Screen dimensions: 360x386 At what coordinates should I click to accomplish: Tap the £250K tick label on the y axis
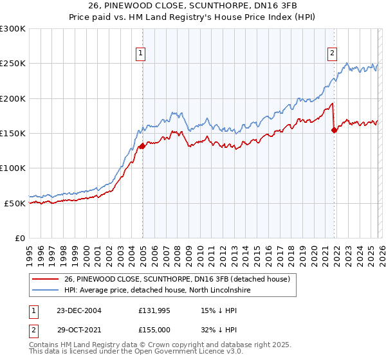point(13,64)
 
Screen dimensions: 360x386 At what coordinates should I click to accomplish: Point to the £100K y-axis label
point(13,168)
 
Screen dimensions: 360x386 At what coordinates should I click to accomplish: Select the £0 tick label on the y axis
point(19,238)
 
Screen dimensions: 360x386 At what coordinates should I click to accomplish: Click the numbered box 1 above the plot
point(140,54)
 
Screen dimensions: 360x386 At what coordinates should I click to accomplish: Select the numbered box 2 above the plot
point(332,54)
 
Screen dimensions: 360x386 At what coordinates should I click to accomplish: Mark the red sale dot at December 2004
point(142,147)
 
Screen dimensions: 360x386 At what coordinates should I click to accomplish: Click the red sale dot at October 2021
point(334,130)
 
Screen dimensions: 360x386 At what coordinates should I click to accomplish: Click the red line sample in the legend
point(45,279)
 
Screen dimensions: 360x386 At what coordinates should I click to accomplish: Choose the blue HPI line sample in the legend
point(45,291)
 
